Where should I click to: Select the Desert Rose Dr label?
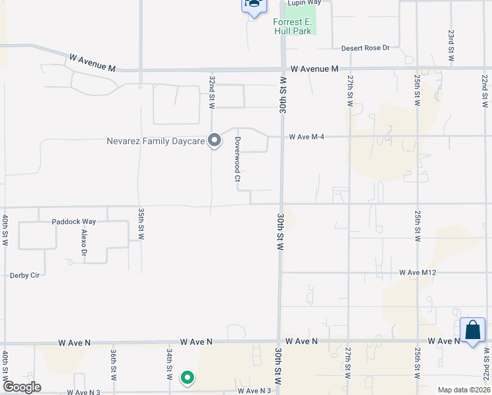coord(366,48)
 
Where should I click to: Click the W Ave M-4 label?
coord(308,137)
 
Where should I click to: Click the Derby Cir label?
coord(24,276)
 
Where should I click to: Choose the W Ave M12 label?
coord(419,272)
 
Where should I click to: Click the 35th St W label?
coord(141,224)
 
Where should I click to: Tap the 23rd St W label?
coord(451,45)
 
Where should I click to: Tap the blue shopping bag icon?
coord(473,330)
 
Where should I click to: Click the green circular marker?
coord(187,378)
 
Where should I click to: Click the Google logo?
coord(21,387)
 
